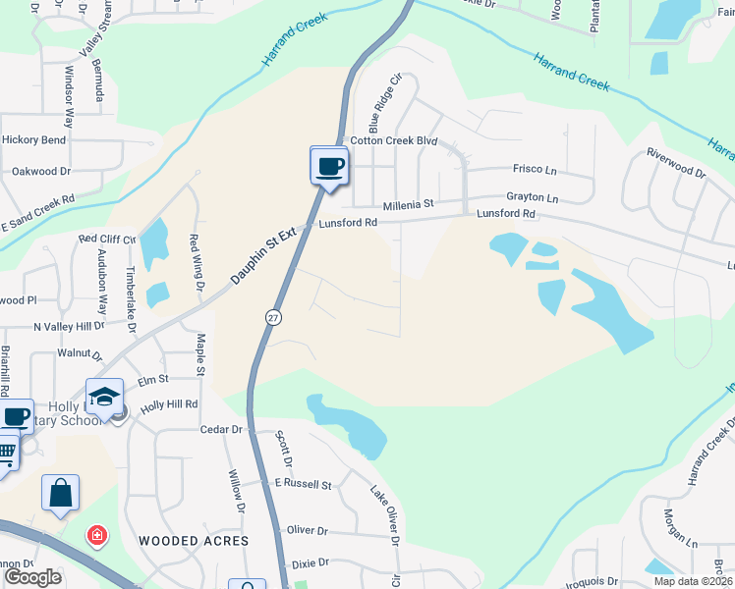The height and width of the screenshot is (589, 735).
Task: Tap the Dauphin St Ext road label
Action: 264,256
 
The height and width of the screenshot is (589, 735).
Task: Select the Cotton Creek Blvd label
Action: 393,140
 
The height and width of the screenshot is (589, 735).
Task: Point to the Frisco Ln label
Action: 535,168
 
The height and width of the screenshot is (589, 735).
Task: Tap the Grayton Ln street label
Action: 532,197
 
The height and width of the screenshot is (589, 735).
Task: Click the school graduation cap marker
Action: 104,397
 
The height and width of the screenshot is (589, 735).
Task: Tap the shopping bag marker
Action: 60,492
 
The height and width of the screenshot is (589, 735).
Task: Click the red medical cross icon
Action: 96,536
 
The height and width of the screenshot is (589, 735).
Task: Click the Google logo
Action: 32,576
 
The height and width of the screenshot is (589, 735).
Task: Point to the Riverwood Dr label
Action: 675,163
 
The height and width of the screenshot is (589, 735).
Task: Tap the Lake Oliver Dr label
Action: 386,515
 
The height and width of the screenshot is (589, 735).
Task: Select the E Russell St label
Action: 304,484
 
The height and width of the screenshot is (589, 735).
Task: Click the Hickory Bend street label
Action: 33,140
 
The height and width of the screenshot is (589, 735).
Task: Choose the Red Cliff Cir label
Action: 107,239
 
